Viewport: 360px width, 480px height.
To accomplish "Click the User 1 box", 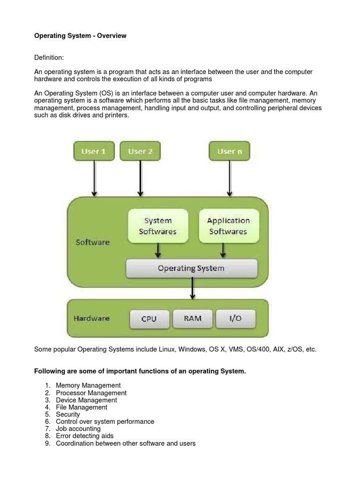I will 94,151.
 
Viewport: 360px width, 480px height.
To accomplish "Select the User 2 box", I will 140,151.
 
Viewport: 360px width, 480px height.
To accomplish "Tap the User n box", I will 229,151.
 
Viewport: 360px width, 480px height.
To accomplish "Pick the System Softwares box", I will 158,226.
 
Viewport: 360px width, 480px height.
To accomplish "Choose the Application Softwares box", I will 228,226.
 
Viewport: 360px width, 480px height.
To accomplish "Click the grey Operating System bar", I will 191,269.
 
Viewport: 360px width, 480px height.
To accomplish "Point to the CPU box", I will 149,319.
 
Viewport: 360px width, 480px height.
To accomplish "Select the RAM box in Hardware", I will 193,318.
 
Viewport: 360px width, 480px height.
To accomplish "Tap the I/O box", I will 235,318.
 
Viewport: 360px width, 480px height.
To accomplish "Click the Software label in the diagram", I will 93,242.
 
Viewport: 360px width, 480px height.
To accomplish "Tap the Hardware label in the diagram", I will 91,318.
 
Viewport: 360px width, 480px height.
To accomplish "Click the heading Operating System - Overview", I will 81,36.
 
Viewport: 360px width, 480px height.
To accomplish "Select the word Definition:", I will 49,57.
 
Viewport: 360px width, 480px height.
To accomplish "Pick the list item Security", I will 67,414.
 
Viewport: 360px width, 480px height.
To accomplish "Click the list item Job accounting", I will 78,428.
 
